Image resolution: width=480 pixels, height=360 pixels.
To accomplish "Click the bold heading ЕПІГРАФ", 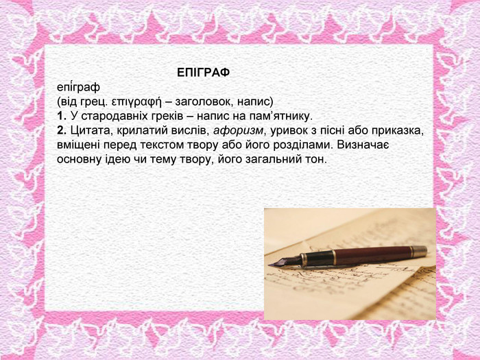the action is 203,73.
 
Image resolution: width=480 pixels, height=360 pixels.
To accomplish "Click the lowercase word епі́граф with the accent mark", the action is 78,88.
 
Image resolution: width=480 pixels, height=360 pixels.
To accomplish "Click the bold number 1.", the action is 62,117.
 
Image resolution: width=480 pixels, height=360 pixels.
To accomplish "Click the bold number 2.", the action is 62,131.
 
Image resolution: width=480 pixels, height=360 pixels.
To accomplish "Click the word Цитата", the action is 88,131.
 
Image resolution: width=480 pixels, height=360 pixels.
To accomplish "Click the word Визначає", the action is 363,145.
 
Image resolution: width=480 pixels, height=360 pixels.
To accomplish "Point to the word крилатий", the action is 138,132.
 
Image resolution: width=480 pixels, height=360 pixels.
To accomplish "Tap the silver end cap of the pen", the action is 419,251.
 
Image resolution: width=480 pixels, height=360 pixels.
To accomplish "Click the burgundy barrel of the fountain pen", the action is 373,255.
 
